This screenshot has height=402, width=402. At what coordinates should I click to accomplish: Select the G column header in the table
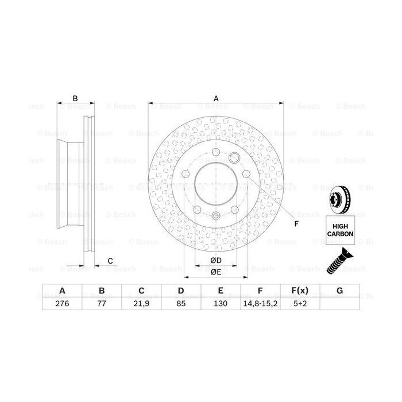click(339, 291)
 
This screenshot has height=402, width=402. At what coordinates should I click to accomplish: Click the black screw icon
click(339, 261)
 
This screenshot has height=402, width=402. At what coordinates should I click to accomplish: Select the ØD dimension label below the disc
click(216, 261)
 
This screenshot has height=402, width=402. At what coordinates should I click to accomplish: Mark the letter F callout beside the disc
click(296, 224)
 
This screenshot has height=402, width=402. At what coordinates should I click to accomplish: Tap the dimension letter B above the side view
click(75, 98)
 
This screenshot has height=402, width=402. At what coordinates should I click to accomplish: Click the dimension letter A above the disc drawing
click(217, 98)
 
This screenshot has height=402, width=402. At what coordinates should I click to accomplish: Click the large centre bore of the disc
click(216, 187)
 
